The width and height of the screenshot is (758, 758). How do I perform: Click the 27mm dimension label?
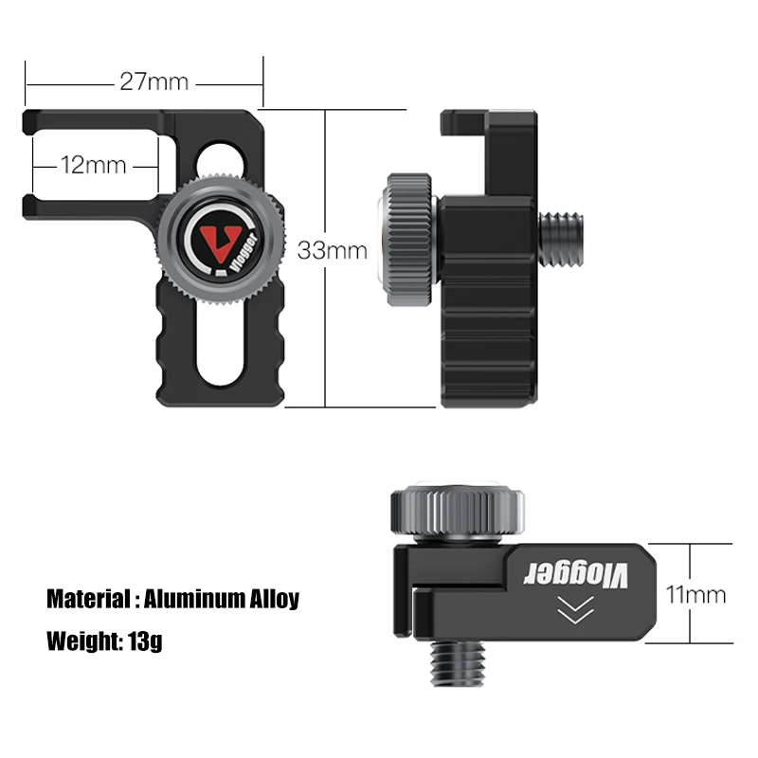153,81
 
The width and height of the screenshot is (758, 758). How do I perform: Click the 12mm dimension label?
93,165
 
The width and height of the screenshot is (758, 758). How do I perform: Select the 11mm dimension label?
695,595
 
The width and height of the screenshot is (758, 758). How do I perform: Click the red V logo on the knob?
222,243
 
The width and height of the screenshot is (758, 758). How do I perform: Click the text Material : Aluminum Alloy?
172,599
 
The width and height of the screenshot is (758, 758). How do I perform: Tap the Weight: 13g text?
104,641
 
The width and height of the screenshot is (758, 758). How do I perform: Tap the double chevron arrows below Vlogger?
572,613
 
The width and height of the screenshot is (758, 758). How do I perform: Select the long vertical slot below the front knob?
217,341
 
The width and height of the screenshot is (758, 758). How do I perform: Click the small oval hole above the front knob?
219,157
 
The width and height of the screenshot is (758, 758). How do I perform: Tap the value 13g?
144,641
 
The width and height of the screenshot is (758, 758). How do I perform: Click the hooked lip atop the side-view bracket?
464,120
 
